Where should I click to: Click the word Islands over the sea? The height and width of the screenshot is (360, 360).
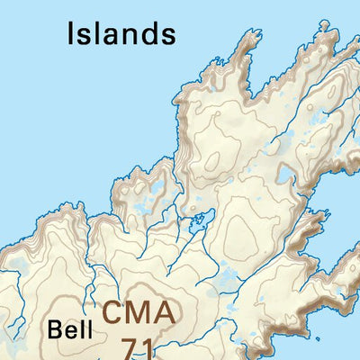tap(121, 33)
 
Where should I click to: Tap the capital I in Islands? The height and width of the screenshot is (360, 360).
tap(71, 33)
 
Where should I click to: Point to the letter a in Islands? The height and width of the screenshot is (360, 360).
tap(104, 36)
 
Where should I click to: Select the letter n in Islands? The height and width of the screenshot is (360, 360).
tap(125, 36)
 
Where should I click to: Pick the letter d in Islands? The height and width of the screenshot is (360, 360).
tap(146, 33)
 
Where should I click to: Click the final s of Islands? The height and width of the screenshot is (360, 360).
tap(166, 36)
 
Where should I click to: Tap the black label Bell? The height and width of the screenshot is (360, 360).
tap(71, 328)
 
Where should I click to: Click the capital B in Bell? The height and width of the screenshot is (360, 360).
tap(57, 328)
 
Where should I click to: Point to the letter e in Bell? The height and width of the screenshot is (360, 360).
tap(72, 330)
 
